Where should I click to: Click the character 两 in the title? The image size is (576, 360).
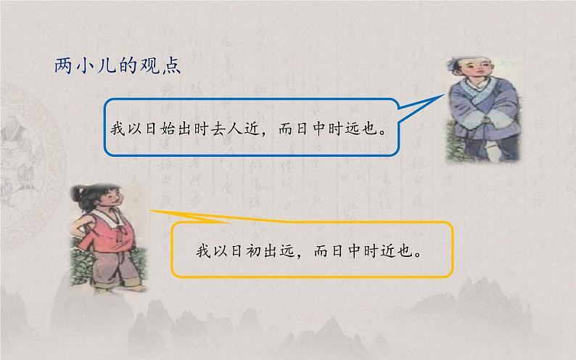(64, 66)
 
